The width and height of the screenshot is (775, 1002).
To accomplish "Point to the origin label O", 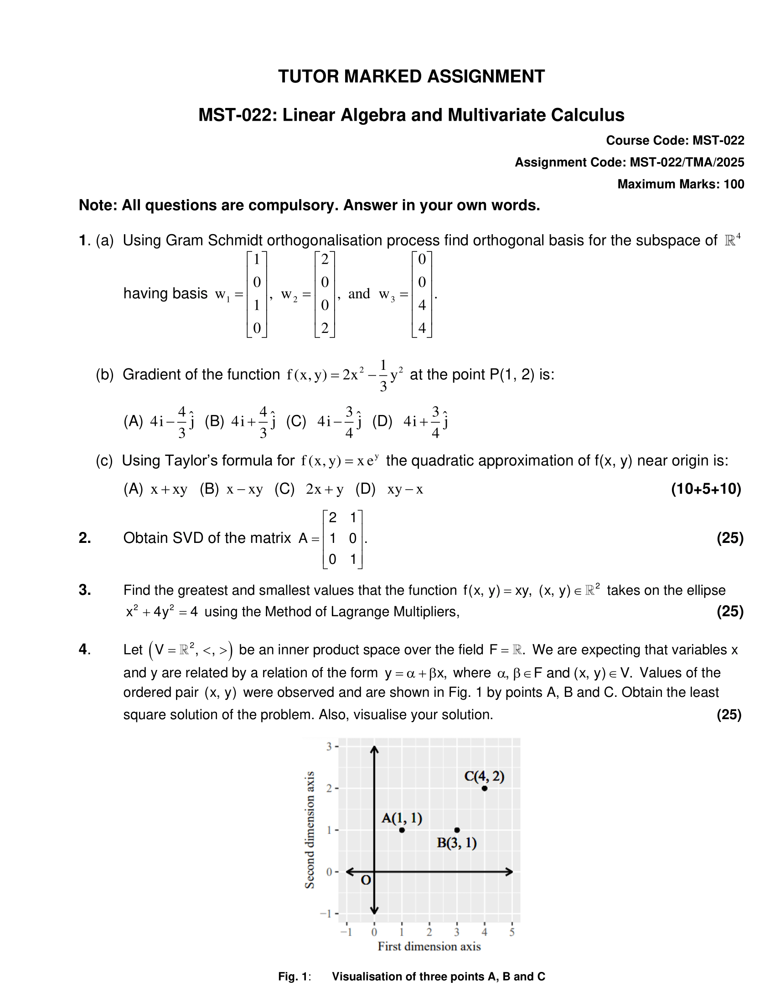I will pyautogui.click(x=366, y=880).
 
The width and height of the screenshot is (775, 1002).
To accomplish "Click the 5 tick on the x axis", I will pyautogui.click(x=512, y=932).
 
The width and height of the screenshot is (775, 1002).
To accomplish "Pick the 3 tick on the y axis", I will pyautogui.click(x=329, y=746).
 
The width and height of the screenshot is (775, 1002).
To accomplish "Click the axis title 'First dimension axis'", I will pyautogui.click(x=429, y=946).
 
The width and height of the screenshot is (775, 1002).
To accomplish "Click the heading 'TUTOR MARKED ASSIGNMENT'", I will pyautogui.click(x=411, y=77).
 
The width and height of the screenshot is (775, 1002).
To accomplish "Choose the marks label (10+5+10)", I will pyautogui.click(x=706, y=489).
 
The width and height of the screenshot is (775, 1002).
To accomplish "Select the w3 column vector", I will pyautogui.click(x=422, y=294).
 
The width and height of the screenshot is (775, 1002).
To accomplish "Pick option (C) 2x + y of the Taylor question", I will pyautogui.click(x=309, y=490).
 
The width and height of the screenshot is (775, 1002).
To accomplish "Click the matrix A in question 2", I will pyautogui.click(x=342, y=539).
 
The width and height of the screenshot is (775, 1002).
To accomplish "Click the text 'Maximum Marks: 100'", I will pyautogui.click(x=681, y=184).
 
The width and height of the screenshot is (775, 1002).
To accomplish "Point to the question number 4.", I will pyautogui.click(x=84, y=649).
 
